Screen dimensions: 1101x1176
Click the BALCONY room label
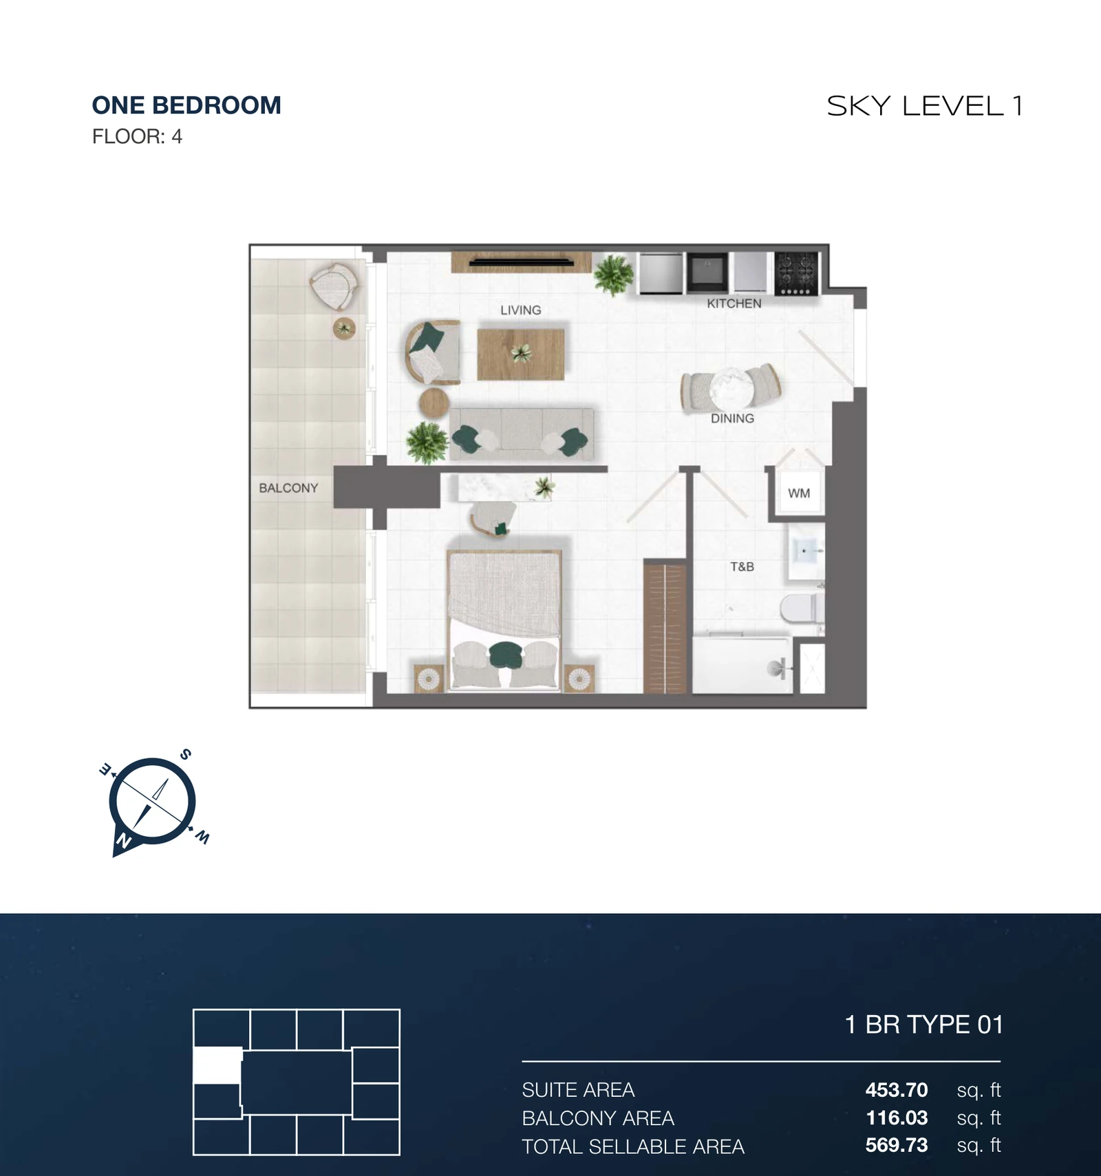coord(288,488)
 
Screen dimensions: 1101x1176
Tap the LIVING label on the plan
coord(521,310)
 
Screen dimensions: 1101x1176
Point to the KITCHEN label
coord(734,303)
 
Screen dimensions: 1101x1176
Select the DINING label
coord(732,418)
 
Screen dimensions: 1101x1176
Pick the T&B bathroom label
coord(742,566)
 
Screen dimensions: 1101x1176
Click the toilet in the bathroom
coord(801,608)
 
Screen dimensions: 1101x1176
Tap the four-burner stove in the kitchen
coord(796,273)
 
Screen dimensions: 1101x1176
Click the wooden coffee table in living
coord(521,354)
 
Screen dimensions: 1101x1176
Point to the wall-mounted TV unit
coord(522,262)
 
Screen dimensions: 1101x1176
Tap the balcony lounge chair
coord(334,286)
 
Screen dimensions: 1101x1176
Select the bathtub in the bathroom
coord(741,665)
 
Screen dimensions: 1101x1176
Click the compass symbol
coord(152,802)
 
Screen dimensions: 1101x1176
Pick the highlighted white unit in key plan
coord(217,1065)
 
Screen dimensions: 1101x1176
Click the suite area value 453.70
coord(897,1090)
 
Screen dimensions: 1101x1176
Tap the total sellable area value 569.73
coord(897,1145)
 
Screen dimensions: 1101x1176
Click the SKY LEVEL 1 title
coord(925,106)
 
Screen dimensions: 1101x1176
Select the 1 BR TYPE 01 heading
coord(923,1025)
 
